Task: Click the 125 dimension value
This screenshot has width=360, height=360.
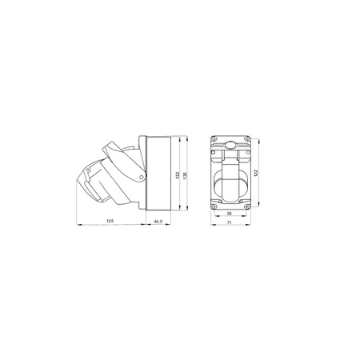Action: tap(110, 221)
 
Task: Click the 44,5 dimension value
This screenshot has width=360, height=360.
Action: tap(158, 221)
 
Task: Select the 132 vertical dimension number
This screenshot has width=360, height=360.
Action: tap(178, 175)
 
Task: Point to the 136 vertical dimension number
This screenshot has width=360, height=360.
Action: tap(186, 175)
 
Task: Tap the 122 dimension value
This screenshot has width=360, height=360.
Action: tap(255, 173)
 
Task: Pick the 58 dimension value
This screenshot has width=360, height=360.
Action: tap(229, 214)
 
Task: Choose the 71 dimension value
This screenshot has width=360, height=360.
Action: tap(229, 222)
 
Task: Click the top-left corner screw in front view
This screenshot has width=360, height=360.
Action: tap(214, 138)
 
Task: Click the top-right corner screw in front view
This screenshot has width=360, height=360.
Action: tap(246, 138)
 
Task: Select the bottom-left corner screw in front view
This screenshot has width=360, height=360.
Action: tap(214, 206)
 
